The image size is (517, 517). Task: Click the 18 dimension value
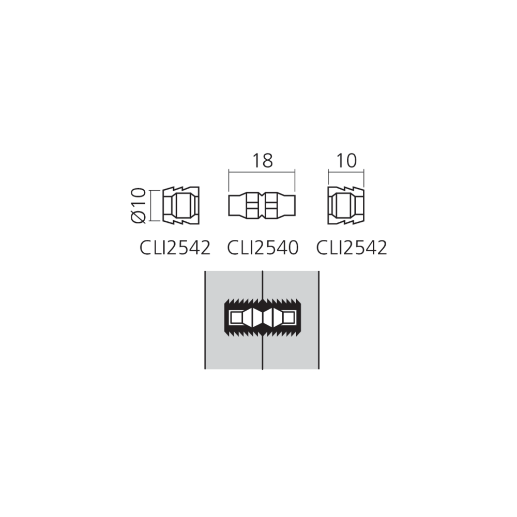[x=263, y=161]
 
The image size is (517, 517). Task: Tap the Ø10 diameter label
[x=138, y=206]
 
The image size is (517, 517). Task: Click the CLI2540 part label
[x=263, y=248]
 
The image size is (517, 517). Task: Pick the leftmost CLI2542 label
[x=175, y=248]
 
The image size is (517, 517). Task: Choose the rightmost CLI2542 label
[x=351, y=248]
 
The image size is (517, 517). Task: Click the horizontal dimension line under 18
[x=263, y=172]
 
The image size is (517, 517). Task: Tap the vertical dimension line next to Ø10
[x=151, y=206]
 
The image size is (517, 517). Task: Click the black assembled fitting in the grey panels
[x=263, y=316]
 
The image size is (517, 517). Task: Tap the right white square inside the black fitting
[x=290, y=316]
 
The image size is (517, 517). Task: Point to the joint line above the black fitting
[x=263, y=284]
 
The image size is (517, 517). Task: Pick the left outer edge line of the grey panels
[x=205, y=321]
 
